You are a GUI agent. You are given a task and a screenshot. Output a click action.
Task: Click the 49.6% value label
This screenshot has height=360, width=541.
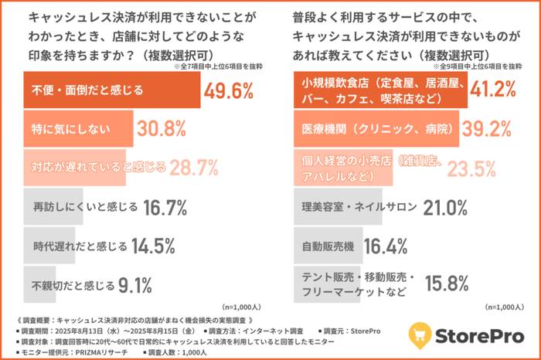coord(228,91)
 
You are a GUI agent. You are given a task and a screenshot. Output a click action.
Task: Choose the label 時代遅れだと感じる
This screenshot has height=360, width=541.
coord(80,246)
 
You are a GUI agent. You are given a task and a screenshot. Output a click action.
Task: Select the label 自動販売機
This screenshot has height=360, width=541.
coord(328,246)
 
